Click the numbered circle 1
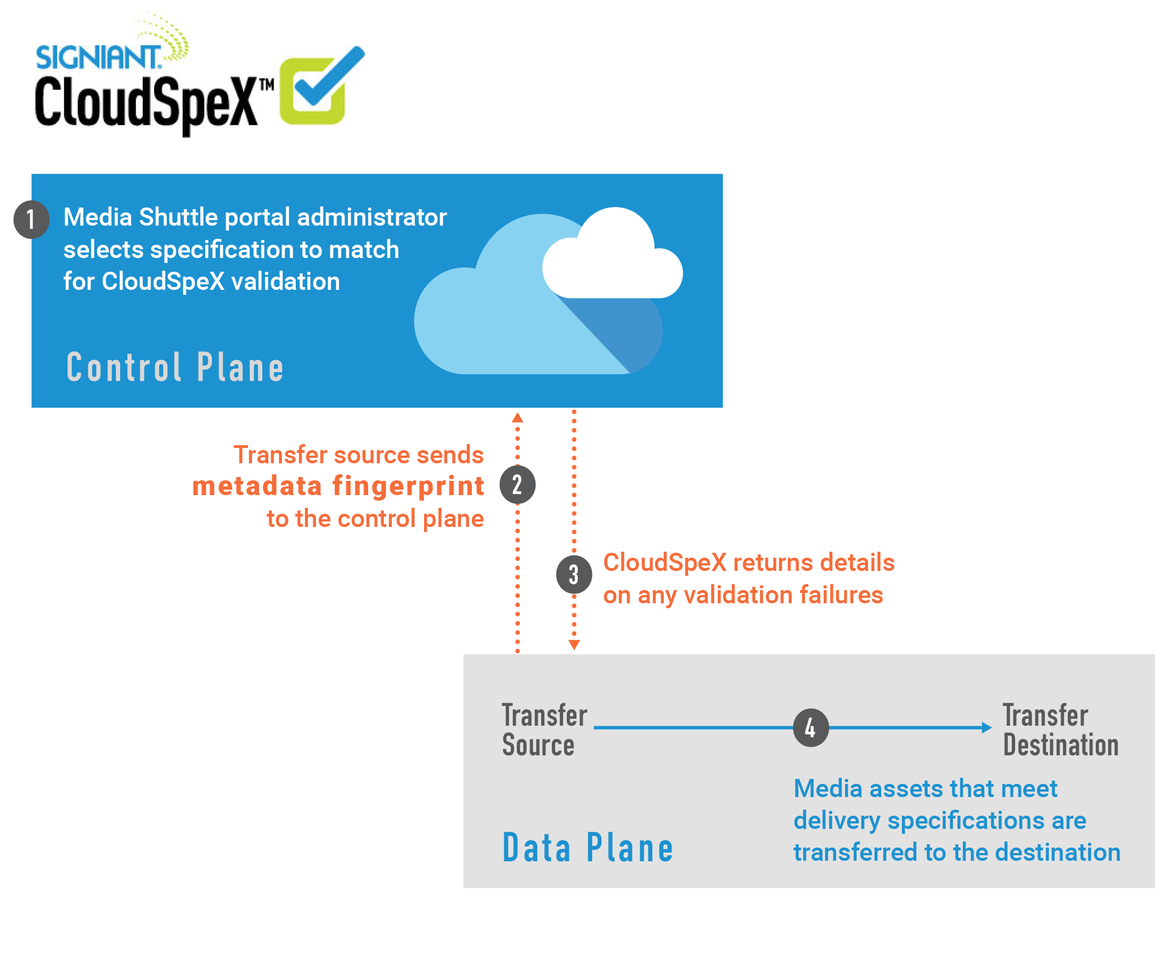coord(31,220)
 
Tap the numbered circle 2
coord(517,485)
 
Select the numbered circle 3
coord(573,574)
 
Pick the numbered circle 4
coord(811,728)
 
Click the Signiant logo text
coord(99,57)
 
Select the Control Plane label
coord(175,367)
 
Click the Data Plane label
coord(588,848)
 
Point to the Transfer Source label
coord(544,730)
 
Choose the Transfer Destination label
coord(1061,730)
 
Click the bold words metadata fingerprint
coord(338,486)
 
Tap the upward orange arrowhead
coord(517,417)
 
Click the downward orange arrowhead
coord(574,645)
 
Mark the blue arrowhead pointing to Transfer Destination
coord(987,728)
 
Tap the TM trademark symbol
coord(267,85)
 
